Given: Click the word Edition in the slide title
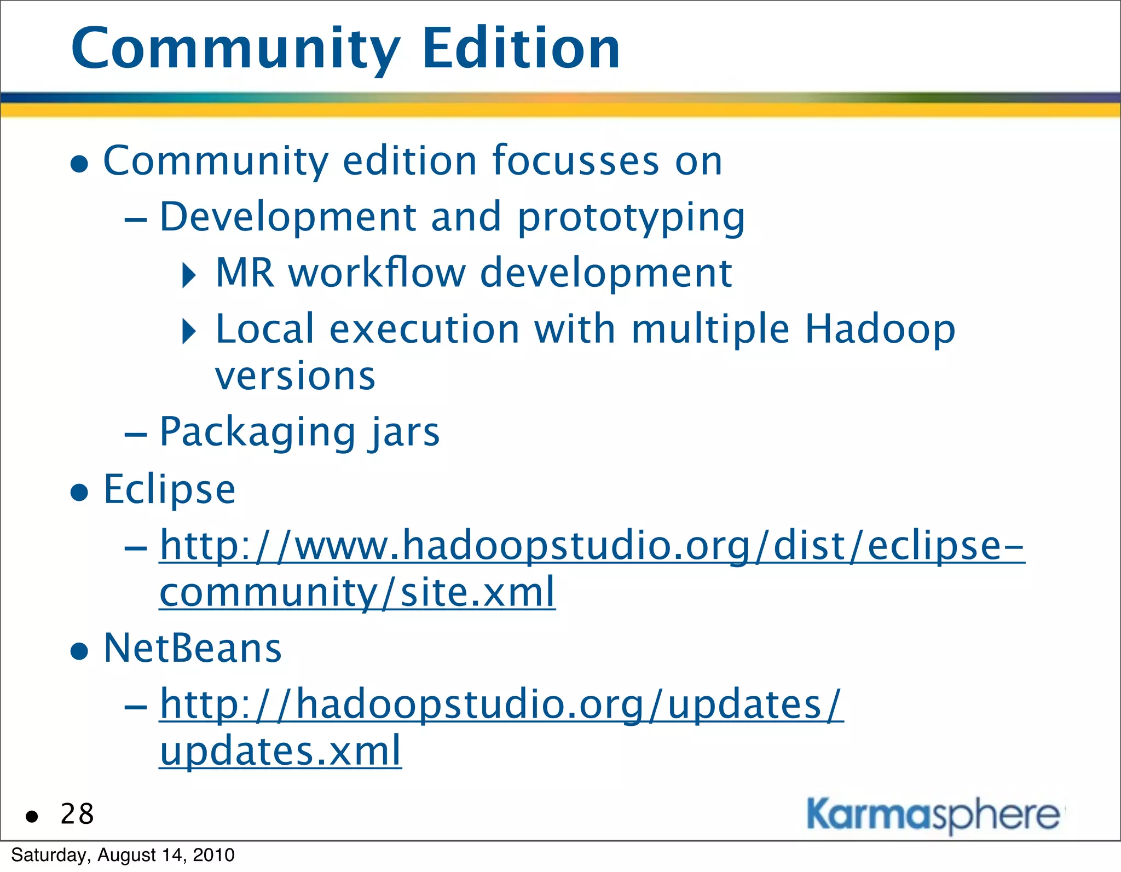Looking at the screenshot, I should click(521, 49).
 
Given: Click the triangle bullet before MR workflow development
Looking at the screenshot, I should click(189, 275).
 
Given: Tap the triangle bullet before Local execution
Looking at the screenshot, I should click(189, 331).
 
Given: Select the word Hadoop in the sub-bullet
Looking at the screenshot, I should click(880, 330).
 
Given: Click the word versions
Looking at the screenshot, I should click(295, 377).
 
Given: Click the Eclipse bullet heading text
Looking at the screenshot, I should click(170, 489).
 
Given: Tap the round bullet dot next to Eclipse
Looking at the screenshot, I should click(80, 492).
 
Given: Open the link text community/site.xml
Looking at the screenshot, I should click(357, 593).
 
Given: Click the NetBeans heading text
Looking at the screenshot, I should click(193, 648).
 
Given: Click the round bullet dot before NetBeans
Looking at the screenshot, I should click(80, 651).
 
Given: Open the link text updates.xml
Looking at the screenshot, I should click(280, 751).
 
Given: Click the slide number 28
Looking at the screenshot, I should click(77, 814).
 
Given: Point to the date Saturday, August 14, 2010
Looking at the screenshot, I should click(123, 855).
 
